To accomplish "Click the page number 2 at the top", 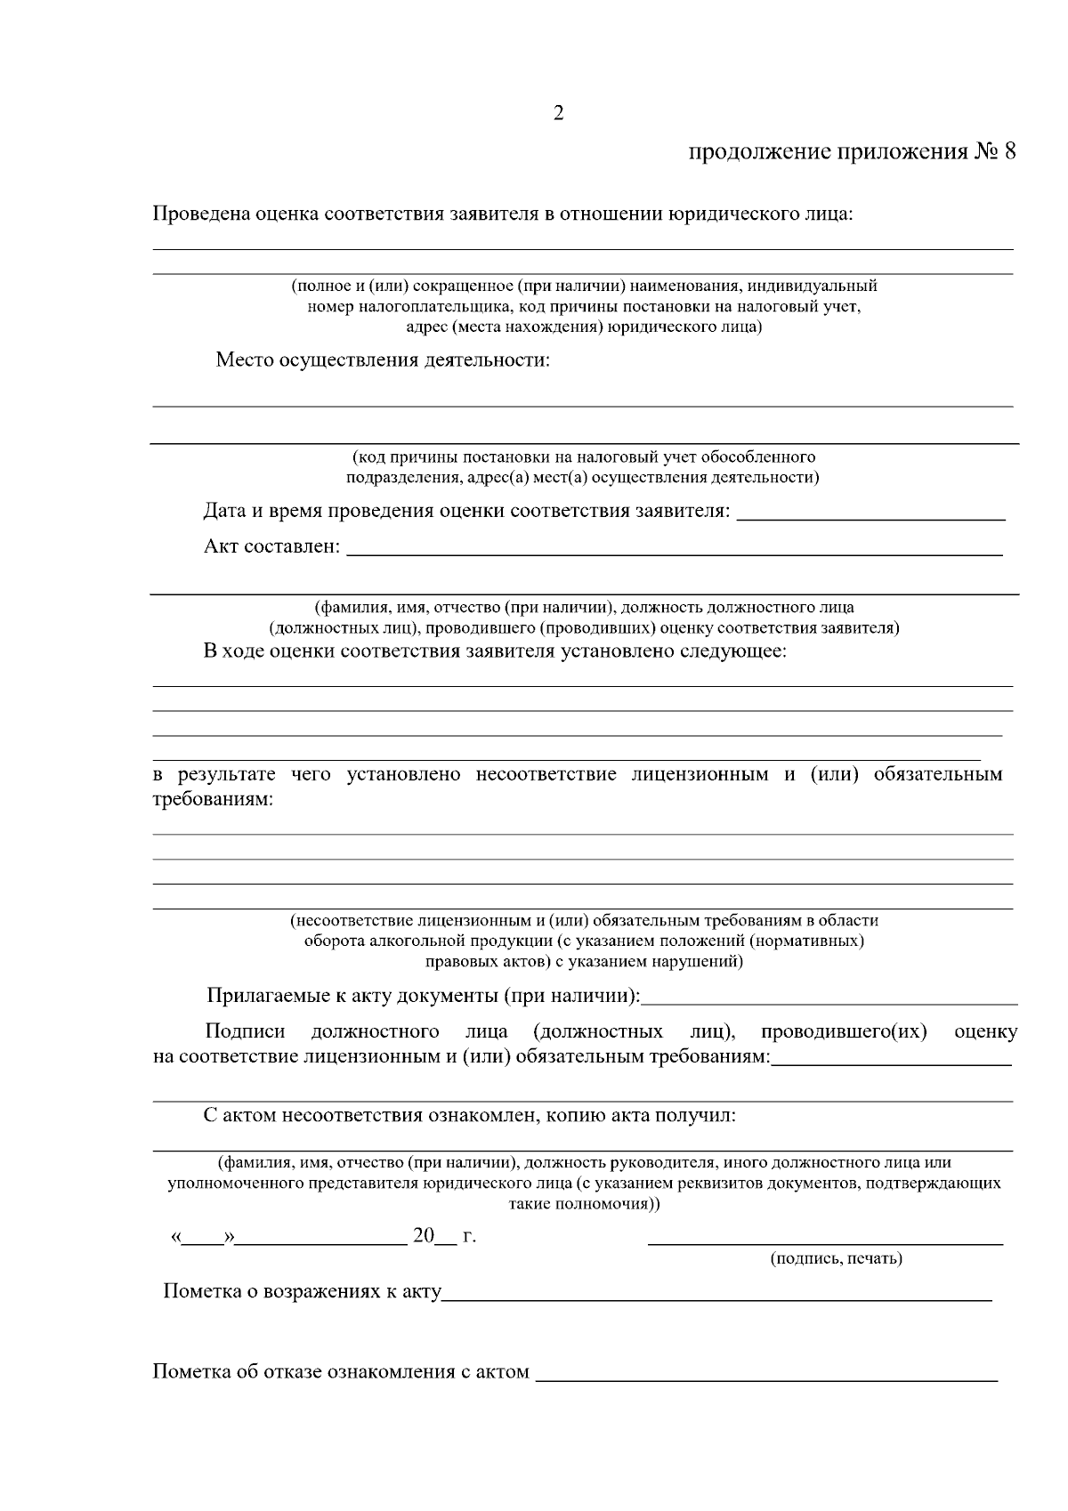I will point(558,113).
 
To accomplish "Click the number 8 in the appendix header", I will point(1008,151).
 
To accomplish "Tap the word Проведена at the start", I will point(200,214).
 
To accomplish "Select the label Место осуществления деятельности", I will point(382,360).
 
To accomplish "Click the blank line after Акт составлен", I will point(674,553).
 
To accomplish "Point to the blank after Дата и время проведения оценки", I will point(871,517).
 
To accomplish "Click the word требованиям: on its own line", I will point(213,799).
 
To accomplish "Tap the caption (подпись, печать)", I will point(836,1258).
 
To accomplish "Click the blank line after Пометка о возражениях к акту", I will point(716,1299).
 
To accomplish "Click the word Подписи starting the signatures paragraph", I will point(245,1031).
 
